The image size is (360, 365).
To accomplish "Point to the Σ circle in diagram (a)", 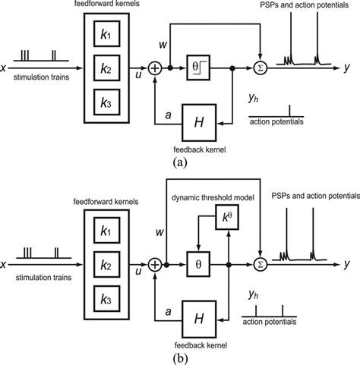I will (261, 69).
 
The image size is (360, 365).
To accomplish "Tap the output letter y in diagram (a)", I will (346, 69).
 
